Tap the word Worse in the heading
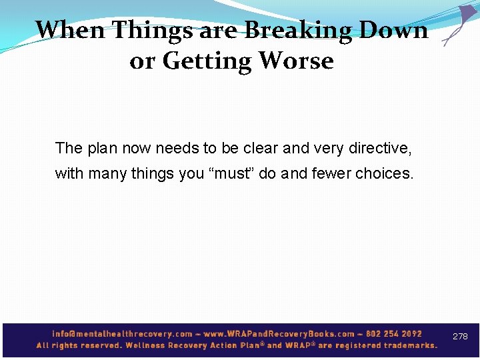click(x=295, y=61)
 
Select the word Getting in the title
click(x=207, y=61)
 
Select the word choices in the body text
click(x=384, y=174)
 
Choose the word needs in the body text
click(x=176, y=148)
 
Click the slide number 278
click(x=460, y=337)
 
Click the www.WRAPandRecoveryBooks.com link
click(x=279, y=334)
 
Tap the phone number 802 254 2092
click(x=394, y=334)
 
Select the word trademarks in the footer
click(x=405, y=345)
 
